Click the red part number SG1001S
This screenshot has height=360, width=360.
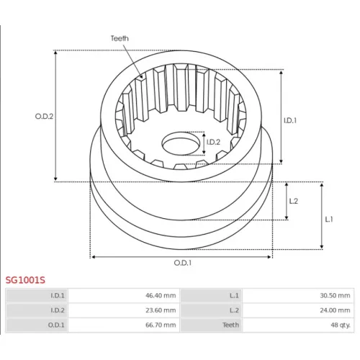pos(25,280)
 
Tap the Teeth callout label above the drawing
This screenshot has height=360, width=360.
pos(120,38)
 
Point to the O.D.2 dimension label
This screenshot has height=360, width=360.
pos(44,117)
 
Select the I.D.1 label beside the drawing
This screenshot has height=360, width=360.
pos(290,120)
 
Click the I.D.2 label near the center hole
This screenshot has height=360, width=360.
pos(213,142)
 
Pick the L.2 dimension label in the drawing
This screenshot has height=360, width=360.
pos(293,201)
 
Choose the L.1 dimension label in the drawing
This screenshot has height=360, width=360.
pos(329,219)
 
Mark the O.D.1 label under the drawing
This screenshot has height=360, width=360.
pos(183,263)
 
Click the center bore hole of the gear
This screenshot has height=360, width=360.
pos(181,143)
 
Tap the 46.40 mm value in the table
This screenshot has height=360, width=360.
pos(161,295)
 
